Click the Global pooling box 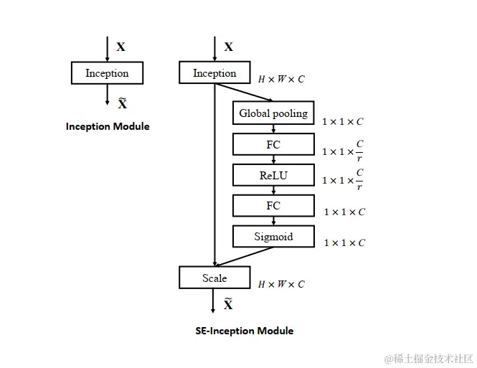coord(273,113)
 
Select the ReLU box coord(273,175)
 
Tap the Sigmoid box coord(273,236)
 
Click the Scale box coord(214,278)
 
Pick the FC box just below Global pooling coord(273,144)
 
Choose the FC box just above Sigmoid coord(273,206)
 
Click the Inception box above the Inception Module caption coord(107,73)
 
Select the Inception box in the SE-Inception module coord(214,73)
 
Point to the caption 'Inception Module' coord(108,126)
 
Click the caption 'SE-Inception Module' coord(245,331)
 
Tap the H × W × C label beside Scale coord(281,284)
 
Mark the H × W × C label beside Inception coord(281,79)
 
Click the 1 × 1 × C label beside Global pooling coord(343,122)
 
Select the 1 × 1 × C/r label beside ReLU coord(343,180)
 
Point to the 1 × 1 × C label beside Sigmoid coord(344,242)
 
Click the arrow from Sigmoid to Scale coord(244,257)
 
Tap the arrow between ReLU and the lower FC coord(273,190)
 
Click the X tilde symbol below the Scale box coord(228,304)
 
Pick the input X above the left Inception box coord(121,47)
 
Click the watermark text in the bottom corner coord(428,357)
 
